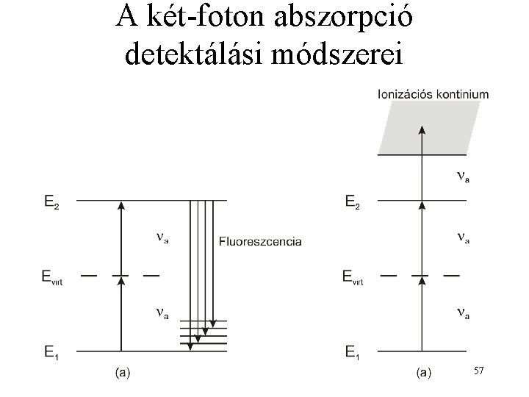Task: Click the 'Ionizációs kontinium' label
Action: coord(433,93)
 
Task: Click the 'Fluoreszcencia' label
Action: coord(260,241)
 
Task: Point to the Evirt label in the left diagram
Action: coord(57,277)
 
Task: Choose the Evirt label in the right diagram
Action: coord(358,277)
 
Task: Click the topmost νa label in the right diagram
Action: coord(462,177)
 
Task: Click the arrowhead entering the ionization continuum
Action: coord(422,131)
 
